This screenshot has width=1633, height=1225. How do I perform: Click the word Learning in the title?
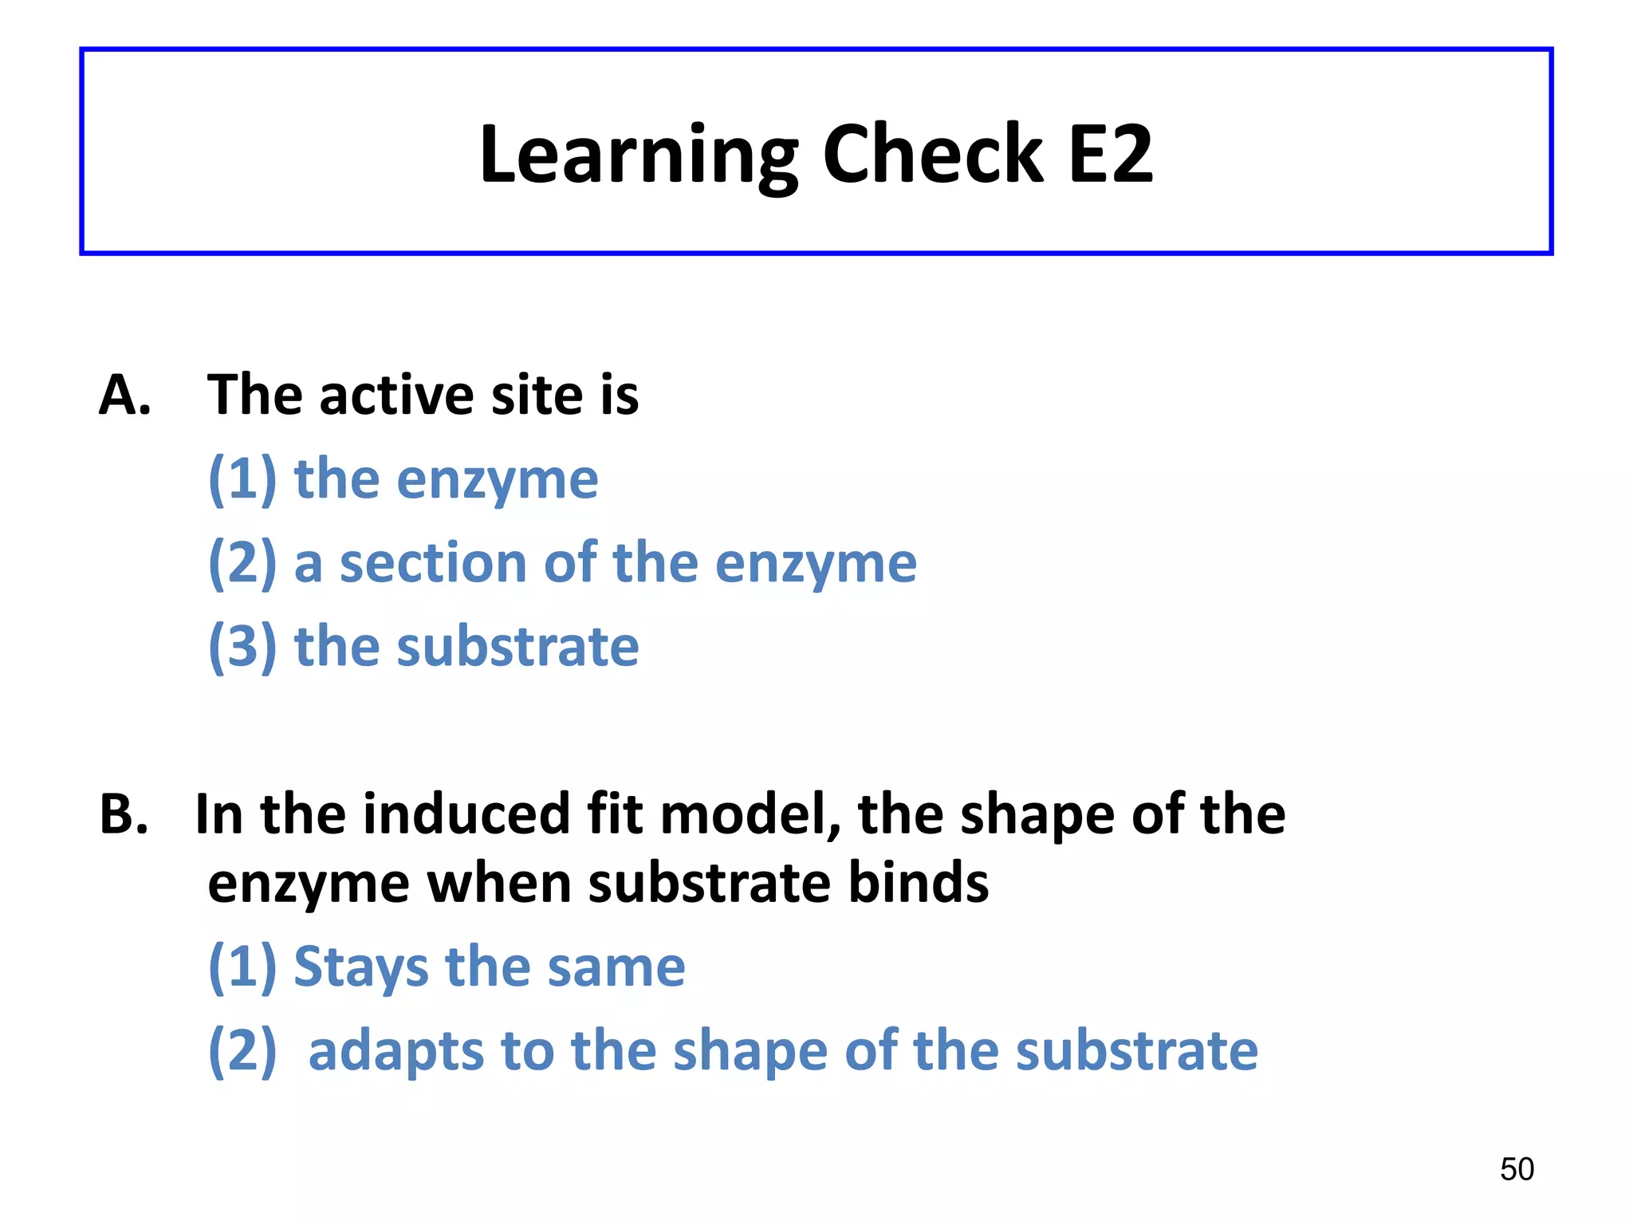click(638, 156)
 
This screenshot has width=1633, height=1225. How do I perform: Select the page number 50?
click(1517, 1169)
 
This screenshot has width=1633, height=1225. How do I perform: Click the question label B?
click(124, 815)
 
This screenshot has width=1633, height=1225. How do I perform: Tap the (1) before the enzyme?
click(242, 479)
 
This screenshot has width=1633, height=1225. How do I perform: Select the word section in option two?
click(432, 563)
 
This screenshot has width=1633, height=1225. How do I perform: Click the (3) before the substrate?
click(242, 646)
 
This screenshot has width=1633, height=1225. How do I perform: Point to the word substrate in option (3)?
click(517, 646)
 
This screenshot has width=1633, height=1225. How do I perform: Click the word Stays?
click(361, 967)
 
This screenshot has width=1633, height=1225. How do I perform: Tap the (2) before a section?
click(242, 563)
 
